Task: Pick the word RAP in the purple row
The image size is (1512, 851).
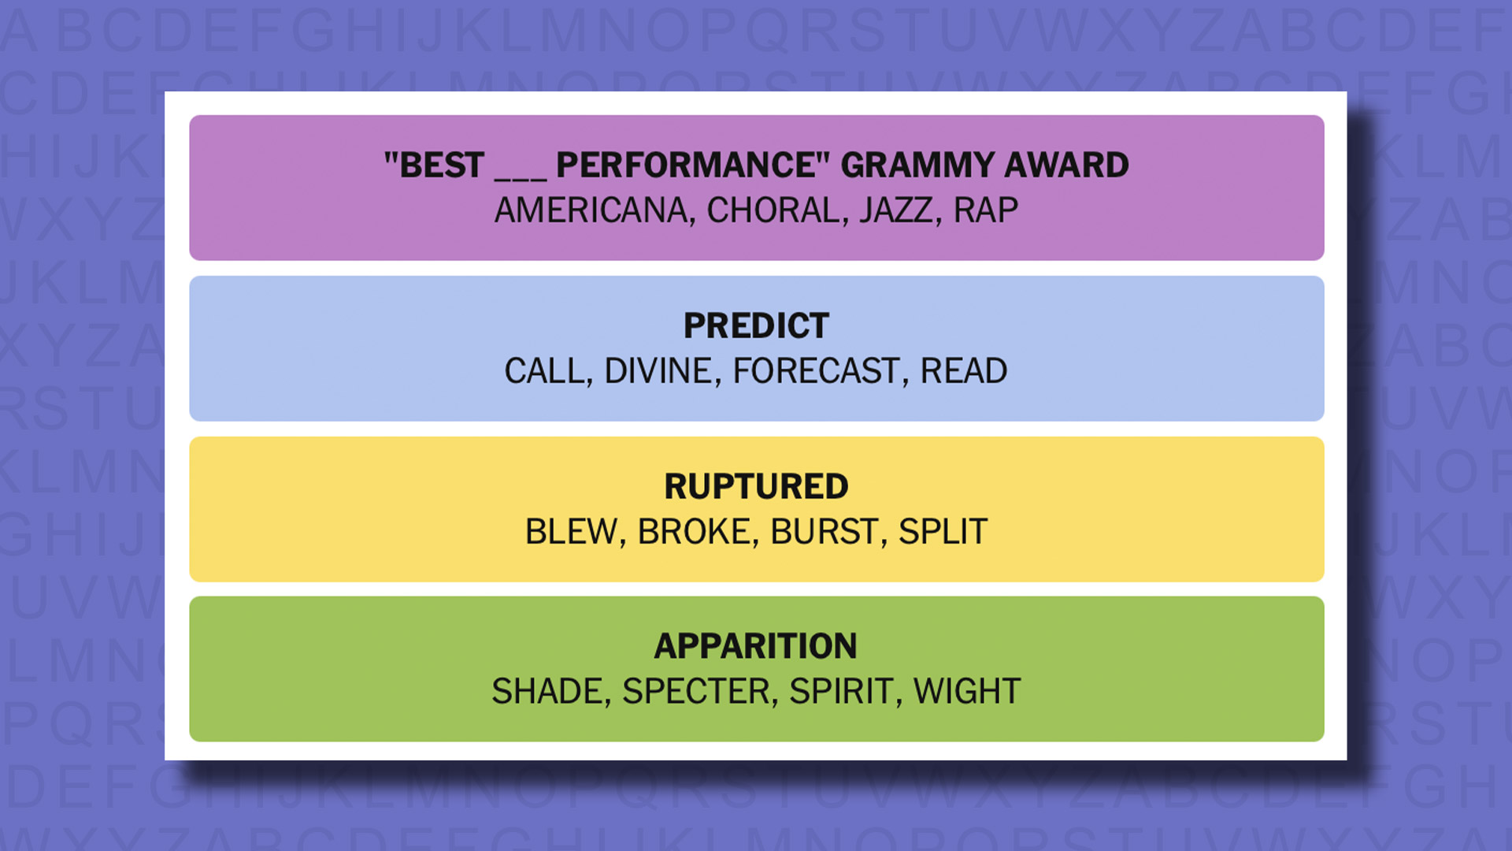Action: click(986, 210)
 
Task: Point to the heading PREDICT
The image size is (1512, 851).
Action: click(756, 325)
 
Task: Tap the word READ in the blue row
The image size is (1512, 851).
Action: click(963, 371)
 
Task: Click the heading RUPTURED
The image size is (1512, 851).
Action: click(756, 486)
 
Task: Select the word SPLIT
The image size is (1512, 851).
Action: click(943, 532)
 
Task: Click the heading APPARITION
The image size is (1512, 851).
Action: click(756, 646)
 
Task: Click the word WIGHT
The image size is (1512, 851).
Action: click(967, 692)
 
